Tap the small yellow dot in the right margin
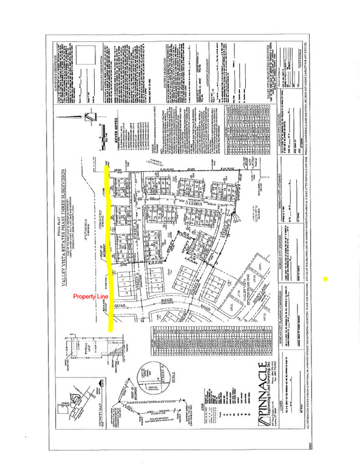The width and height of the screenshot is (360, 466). coord(327,279)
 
